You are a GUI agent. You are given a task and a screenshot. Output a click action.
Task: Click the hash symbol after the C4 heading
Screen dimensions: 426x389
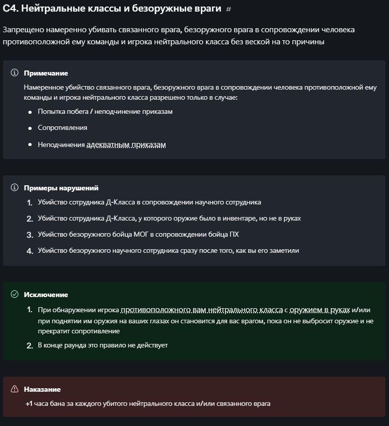click(x=228, y=10)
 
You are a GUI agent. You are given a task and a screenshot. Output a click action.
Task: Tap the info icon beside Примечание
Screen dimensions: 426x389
click(x=15, y=73)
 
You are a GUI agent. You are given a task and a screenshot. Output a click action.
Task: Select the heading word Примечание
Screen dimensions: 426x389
click(x=46, y=73)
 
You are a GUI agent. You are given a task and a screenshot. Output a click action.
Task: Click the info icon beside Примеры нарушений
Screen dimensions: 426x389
click(x=15, y=187)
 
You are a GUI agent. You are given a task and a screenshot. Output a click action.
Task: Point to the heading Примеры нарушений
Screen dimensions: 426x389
click(x=61, y=188)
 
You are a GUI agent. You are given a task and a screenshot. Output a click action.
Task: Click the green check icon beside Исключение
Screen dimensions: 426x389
click(x=15, y=294)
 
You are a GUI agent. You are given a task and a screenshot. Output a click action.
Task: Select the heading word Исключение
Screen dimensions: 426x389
click(x=46, y=295)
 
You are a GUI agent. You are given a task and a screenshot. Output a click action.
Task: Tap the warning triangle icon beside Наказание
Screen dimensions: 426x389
click(x=15, y=389)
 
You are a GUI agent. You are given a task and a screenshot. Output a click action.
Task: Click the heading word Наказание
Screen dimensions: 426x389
click(x=42, y=389)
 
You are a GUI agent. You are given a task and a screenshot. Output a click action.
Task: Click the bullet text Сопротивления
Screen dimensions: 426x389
click(x=62, y=128)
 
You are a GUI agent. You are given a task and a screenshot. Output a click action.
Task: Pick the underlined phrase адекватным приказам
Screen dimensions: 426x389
click(x=126, y=145)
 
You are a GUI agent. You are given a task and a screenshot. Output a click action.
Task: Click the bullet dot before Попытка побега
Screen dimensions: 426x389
click(x=30, y=112)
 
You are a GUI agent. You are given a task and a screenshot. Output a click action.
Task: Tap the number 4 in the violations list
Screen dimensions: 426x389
click(x=30, y=251)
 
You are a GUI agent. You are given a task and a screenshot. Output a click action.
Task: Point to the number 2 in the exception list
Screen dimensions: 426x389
click(x=30, y=345)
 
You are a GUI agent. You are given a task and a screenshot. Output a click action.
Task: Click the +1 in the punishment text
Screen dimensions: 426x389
click(x=29, y=403)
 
